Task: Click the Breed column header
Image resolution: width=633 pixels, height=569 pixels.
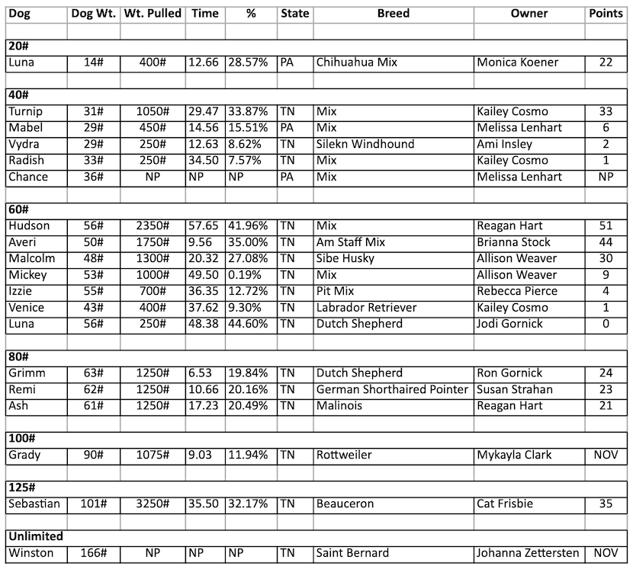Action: [x=393, y=14]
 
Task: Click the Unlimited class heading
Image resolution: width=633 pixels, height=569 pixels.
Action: [x=35, y=536]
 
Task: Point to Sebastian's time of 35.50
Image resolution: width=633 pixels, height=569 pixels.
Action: [x=204, y=503]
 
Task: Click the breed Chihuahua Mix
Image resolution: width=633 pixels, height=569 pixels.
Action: [x=358, y=62]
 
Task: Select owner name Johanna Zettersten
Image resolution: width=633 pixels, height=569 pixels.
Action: [x=528, y=553]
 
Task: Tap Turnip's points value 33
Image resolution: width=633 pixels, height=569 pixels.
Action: [x=606, y=111]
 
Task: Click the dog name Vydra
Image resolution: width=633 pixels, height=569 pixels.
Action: [x=25, y=144]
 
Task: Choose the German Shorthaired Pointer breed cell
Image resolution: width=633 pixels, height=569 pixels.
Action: [x=392, y=389]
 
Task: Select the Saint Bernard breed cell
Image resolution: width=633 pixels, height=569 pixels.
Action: [x=352, y=553]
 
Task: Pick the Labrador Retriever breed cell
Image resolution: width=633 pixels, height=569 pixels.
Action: [x=367, y=308]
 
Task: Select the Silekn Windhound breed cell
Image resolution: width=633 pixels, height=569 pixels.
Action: [x=365, y=144]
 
